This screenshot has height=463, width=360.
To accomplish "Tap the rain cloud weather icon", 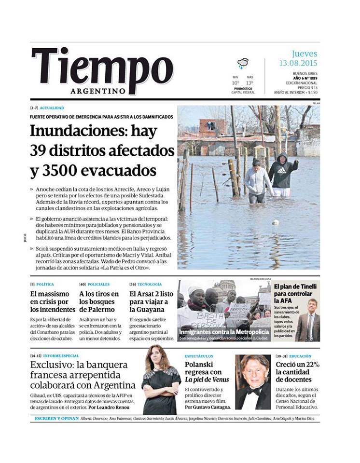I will click(x=243, y=63).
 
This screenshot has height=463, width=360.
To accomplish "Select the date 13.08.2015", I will click(x=297, y=63).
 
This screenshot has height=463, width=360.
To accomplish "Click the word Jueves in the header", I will click(x=305, y=54).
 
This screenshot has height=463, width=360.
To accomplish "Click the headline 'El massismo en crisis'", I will click(x=52, y=301).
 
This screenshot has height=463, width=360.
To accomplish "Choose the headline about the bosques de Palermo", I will click(x=99, y=301).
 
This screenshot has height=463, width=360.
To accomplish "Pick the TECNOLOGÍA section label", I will click(x=148, y=285).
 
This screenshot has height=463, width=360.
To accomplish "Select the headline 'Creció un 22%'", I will click(x=297, y=372).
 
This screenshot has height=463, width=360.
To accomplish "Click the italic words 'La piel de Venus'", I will click(x=207, y=380).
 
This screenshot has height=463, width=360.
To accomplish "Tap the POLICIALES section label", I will click(x=98, y=285).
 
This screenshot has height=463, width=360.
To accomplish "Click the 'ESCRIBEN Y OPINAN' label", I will click(x=56, y=418).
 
